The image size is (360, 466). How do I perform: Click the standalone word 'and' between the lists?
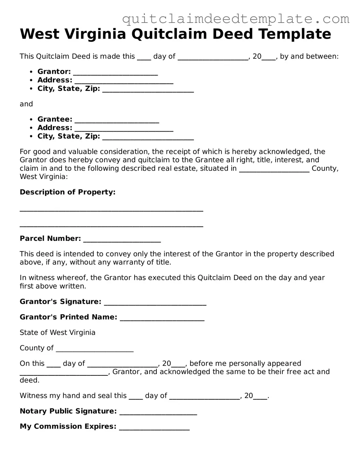pyautogui.click(x=26, y=104)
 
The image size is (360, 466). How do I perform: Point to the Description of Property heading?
pyautogui.click(x=68, y=192)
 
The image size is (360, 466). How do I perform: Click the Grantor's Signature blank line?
pyautogui.click(x=155, y=303)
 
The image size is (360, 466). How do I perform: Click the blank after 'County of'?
pyautogui.click(x=95, y=349)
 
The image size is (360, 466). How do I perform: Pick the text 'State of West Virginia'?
pyautogui.click(x=57, y=332)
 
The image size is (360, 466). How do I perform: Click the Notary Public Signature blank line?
pyautogui.click(x=158, y=413)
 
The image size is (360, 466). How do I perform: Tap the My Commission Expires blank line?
pyautogui.click(x=154, y=428)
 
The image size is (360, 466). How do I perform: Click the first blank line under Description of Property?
pyautogui.click(x=111, y=211)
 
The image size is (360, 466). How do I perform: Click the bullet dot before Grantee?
pyautogui.click(x=31, y=120)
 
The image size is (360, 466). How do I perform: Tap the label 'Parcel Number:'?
pyautogui.click(x=50, y=238)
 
